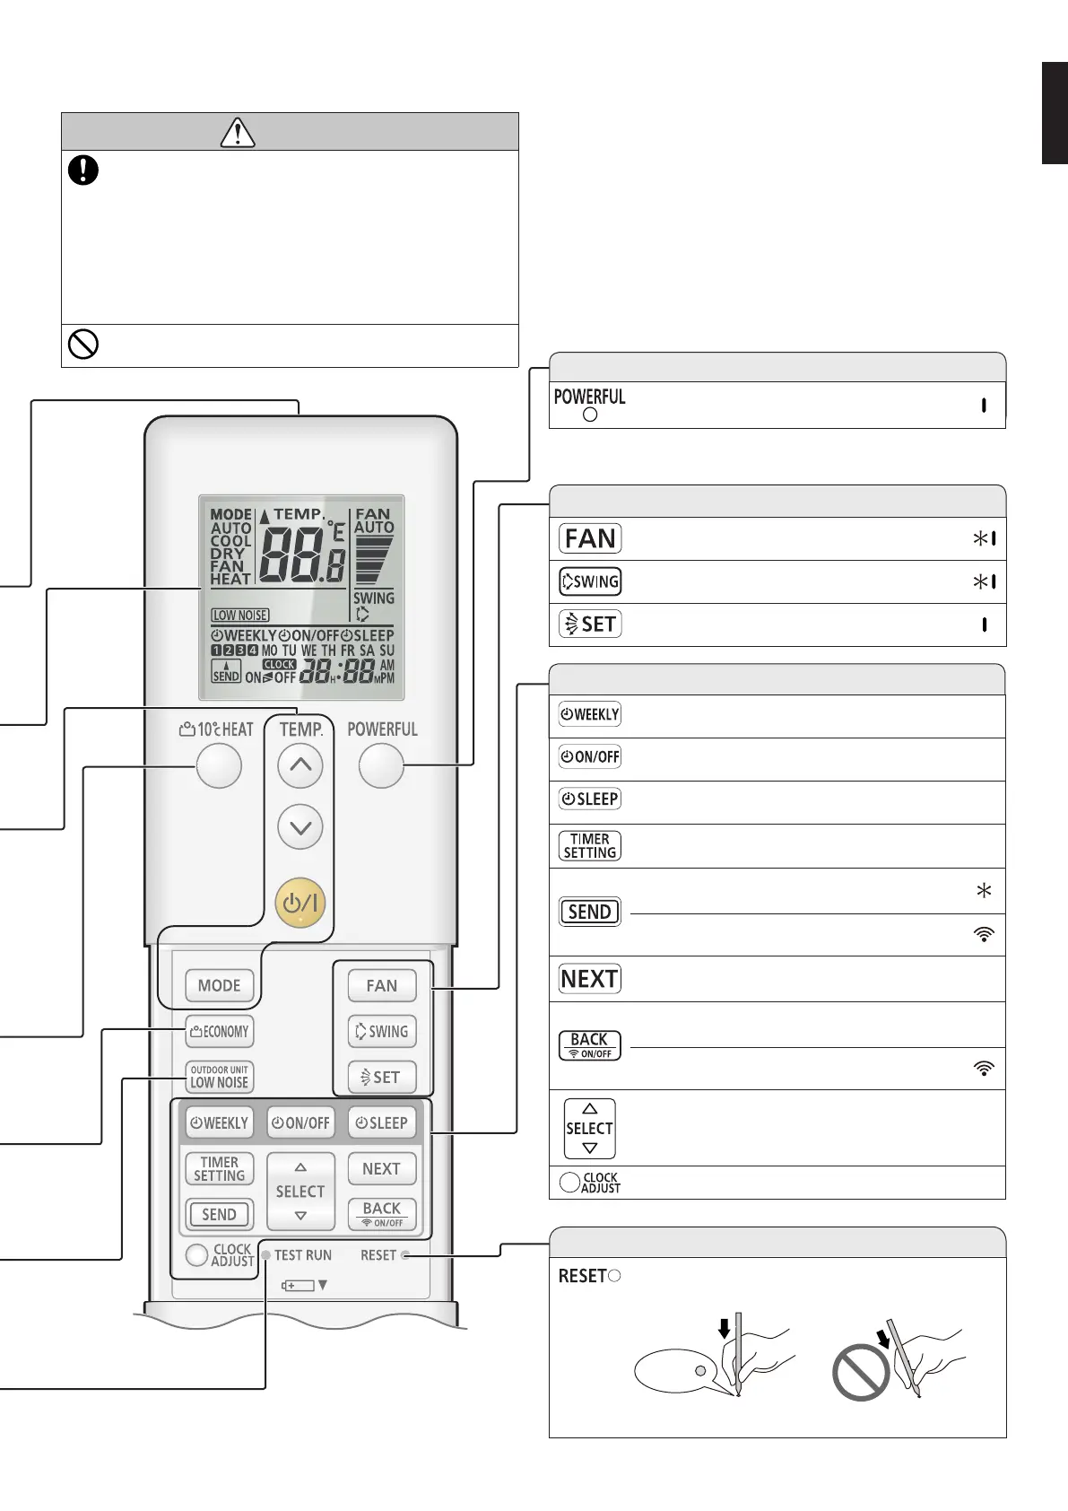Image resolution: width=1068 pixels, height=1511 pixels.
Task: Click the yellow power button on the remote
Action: (x=300, y=903)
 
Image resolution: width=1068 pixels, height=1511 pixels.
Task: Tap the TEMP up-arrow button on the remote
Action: (x=300, y=766)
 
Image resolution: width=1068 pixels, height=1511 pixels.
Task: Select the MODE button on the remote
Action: (x=220, y=985)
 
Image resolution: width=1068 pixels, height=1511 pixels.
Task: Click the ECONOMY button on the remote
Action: (x=220, y=1032)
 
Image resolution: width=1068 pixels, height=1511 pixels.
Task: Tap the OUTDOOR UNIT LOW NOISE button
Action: (x=220, y=1077)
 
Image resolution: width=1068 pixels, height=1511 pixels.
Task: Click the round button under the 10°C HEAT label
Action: (x=219, y=766)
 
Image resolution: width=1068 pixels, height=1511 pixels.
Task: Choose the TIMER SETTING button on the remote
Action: (x=220, y=1169)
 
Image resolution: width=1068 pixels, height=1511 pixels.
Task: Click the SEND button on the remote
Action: (x=220, y=1215)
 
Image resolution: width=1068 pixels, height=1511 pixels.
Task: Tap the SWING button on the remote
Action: (x=382, y=1032)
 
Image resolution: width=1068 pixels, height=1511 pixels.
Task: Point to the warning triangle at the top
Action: (x=238, y=132)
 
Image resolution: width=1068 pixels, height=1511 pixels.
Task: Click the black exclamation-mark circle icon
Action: (x=83, y=170)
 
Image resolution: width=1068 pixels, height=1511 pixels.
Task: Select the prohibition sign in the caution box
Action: (x=83, y=345)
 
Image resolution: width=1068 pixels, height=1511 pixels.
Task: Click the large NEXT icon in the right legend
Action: (x=590, y=979)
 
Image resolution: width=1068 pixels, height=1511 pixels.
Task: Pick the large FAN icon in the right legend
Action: (x=590, y=538)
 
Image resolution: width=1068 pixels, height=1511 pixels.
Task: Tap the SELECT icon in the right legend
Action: (x=589, y=1129)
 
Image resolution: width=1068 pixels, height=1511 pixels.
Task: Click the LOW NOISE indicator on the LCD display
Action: (x=240, y=616)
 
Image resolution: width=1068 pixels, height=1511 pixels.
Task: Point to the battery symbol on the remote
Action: (x=299, y=1286)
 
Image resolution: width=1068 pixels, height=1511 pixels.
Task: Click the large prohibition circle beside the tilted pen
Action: (x=862, y=1372)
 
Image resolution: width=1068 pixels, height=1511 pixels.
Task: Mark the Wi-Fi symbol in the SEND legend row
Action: (x=984, y=934)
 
